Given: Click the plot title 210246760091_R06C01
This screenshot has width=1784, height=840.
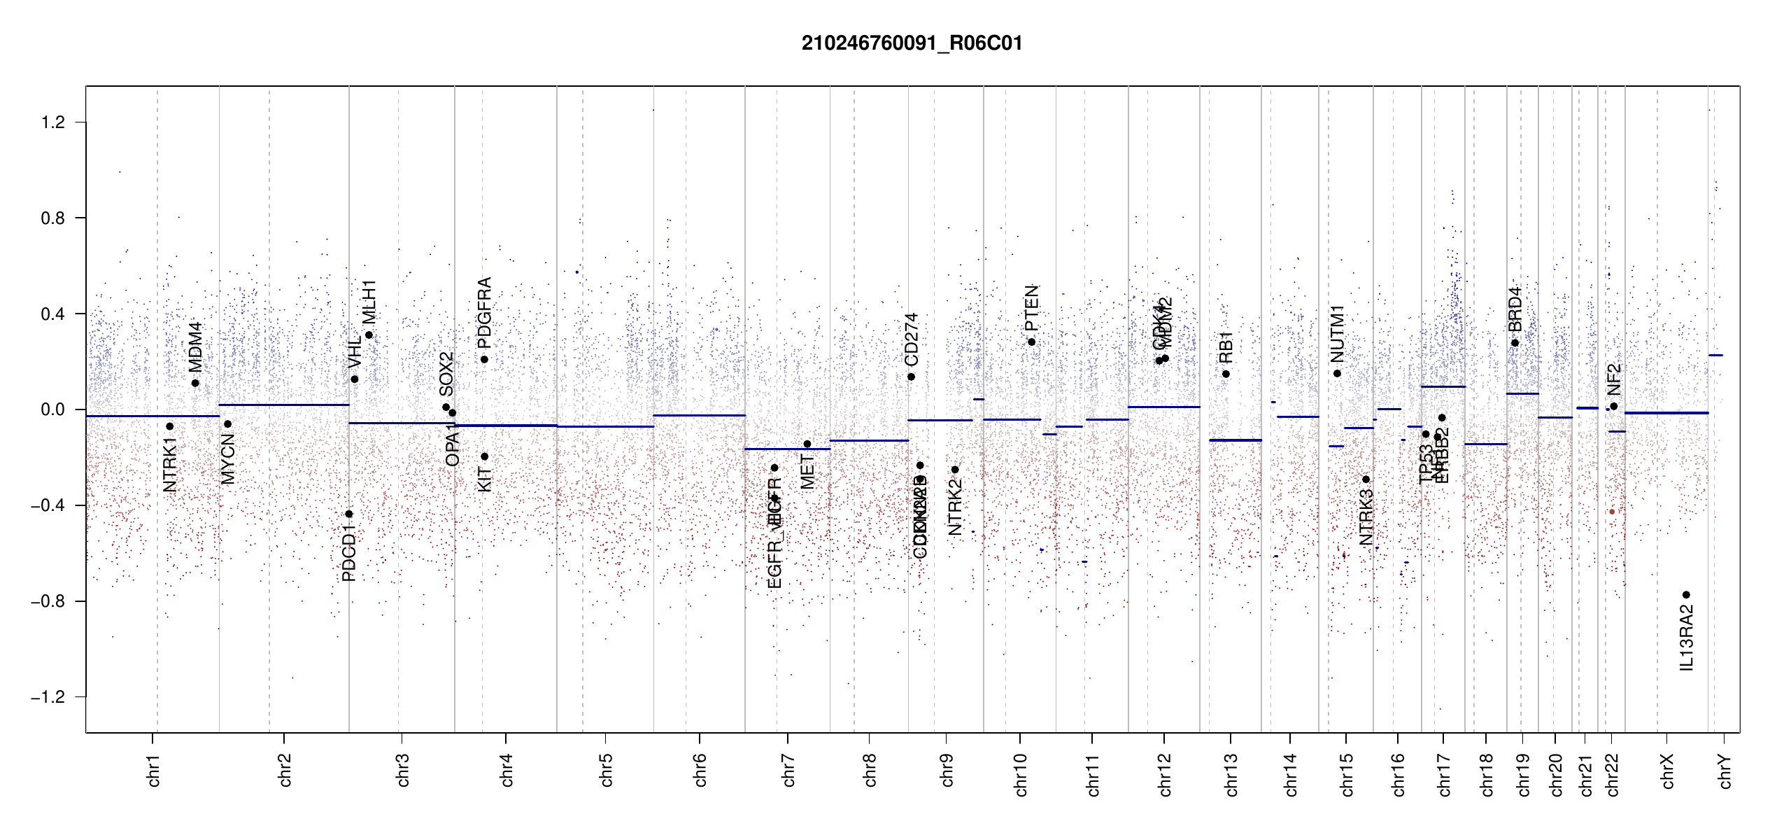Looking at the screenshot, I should pyautogui.click(x=912, y=43).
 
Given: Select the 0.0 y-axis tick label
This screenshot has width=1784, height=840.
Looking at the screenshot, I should pyautogui.click(x=52, y=409).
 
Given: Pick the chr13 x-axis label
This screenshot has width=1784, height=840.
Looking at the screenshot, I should pyautogui.click(x=1231, y=774).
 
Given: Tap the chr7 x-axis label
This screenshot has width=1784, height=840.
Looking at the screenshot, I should pyautogui.click(x=788, y=770).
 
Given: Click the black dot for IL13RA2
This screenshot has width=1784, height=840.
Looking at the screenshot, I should pyautogui.click(x=1686, y=595).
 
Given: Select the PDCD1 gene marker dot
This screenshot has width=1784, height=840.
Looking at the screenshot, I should pyautogui.click(x=349, y=514).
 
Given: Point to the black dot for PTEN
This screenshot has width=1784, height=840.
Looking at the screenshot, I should pyautogui.click(x=1031, y=342).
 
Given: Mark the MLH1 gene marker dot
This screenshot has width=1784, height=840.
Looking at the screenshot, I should pyautogui.click(x=369, y=335).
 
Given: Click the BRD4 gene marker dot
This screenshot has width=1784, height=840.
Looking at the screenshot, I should pyautogui.click(x=1515, y=343).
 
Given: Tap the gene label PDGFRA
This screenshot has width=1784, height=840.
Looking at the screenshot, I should pyautogui.click(x=484, y=312).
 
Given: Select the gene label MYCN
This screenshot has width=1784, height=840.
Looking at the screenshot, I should pyautogui.click(x=228, y=458).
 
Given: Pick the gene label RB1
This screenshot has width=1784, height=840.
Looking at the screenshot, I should pyautogui.click(x=1226, y=347).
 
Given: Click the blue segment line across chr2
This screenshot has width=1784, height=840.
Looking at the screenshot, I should pyautogui.click(x=284, y=405).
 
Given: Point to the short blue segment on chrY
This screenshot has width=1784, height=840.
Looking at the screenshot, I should pyautogui.click(x=1715, y=356).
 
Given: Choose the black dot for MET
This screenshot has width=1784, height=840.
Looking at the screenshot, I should pyautogui.click(x=807, y=444).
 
